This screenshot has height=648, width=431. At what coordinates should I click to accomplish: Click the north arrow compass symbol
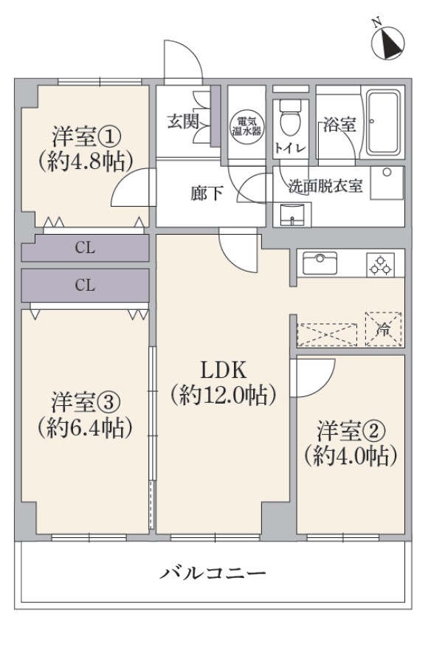pos(387,42)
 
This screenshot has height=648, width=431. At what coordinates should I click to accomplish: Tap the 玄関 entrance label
pos(183,122)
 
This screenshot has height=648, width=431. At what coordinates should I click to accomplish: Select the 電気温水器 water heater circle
pos(246,126)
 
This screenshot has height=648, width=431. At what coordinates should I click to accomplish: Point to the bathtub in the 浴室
pos(384,123)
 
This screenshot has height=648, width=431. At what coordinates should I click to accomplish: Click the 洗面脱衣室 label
pos(325,187)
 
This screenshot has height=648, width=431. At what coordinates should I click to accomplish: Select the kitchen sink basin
pos(320,263)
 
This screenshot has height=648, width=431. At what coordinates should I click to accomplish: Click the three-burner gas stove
pos(380,264)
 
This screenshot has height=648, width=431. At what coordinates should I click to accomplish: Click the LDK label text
pos(223,370)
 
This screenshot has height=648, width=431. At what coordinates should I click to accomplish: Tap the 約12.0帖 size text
pos(223,396)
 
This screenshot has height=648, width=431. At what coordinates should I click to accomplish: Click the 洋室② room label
pos(351,431)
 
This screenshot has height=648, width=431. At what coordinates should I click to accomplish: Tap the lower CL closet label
pos(85,285)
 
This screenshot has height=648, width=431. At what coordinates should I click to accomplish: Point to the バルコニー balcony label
pos(213,573)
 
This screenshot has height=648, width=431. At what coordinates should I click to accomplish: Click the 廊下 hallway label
pos(207,193)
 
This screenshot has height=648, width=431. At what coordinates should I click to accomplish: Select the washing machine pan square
pos(387,183)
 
